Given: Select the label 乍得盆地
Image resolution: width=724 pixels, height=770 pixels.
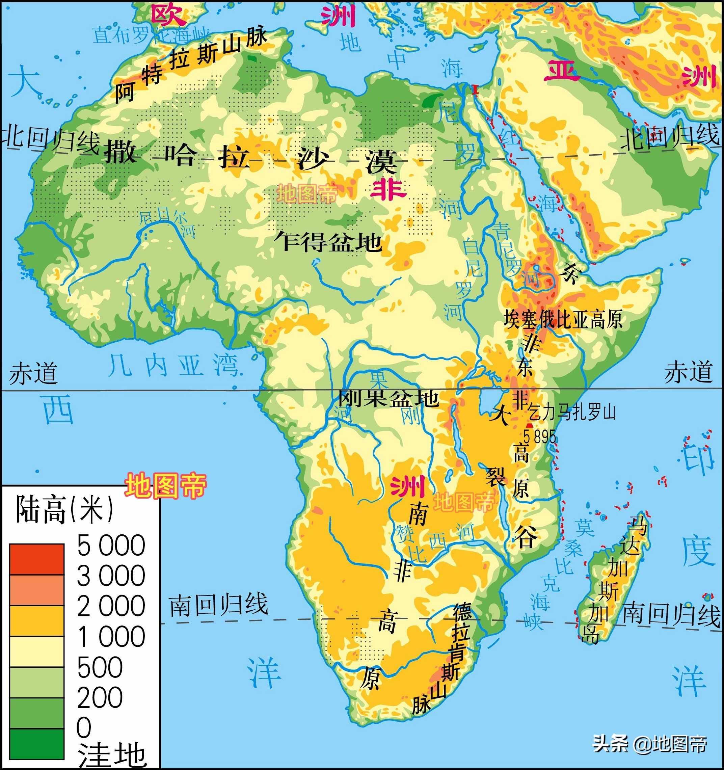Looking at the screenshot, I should point(328,242).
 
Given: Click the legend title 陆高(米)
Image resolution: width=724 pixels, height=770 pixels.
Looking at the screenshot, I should point(64,510).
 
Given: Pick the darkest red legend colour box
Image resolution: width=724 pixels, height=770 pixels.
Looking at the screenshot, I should point(37,559).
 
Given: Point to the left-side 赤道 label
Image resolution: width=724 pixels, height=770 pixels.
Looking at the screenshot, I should point(33,373).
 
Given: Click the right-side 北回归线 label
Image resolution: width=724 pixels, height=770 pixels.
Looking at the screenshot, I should point(669,136).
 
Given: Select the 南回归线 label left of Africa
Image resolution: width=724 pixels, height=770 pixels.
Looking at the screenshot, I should point(219,604).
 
